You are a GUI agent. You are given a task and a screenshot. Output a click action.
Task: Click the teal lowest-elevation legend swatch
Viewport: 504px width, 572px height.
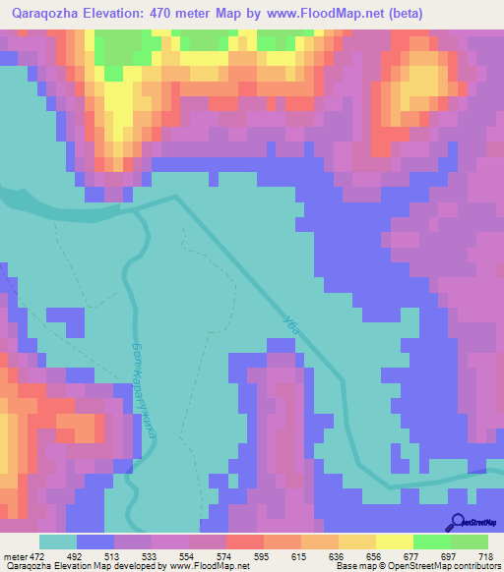click(x=58, y=542)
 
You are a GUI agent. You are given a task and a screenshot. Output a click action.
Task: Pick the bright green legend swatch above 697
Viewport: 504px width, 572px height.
click(x=432, y=542)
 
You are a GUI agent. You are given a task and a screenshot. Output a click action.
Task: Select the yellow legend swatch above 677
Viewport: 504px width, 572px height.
click(x=395, y=542)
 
